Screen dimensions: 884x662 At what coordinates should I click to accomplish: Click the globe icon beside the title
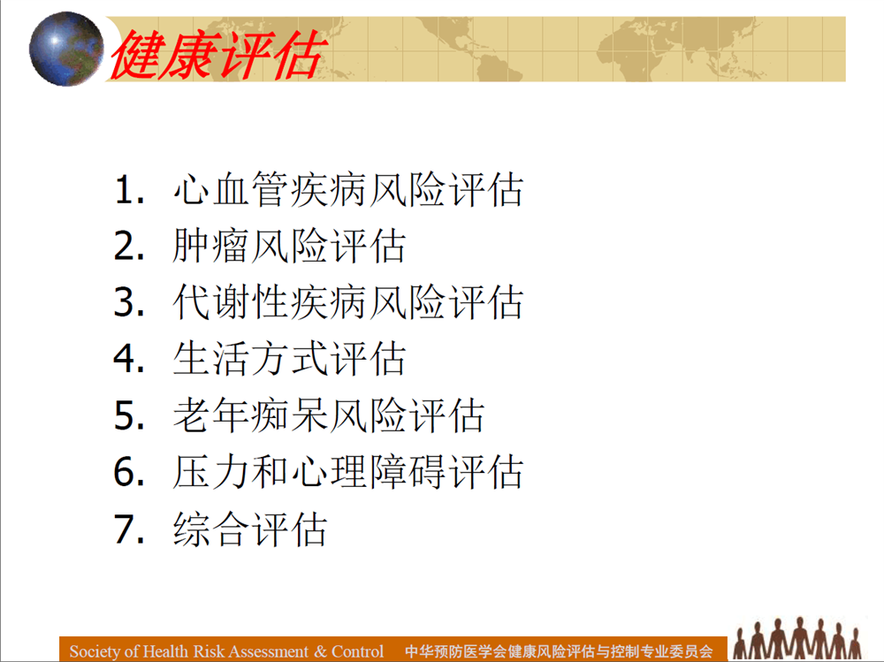pos(66,49)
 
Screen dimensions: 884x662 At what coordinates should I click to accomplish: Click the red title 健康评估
pos(218,55)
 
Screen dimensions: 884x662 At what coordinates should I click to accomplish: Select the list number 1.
pos(129,189)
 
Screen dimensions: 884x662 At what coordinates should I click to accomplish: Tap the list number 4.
pos(129,359)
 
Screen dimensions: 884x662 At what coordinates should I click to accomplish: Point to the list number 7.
pos(129,529)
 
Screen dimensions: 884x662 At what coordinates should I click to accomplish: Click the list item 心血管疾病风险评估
pos(348,189)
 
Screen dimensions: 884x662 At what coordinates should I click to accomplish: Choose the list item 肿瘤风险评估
pos(289,246)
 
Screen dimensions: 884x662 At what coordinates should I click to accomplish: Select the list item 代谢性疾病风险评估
pos(348,302)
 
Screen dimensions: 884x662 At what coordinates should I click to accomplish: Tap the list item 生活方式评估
pos(289,359)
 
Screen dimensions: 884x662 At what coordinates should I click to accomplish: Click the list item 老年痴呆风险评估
pos(329,415)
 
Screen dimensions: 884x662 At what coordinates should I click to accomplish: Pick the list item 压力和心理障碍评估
pos(348,472)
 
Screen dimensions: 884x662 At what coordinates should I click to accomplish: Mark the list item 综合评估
pos(250,529)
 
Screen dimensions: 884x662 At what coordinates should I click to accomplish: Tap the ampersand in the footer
pos(320,651)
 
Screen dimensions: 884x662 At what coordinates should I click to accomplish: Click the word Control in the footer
pos(357,651)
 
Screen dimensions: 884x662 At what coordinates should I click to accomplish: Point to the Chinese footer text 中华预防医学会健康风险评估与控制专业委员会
pos(559,652)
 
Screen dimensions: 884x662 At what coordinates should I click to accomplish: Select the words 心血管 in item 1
pos(231,189)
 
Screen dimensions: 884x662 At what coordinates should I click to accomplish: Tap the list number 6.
pos(129,472)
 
